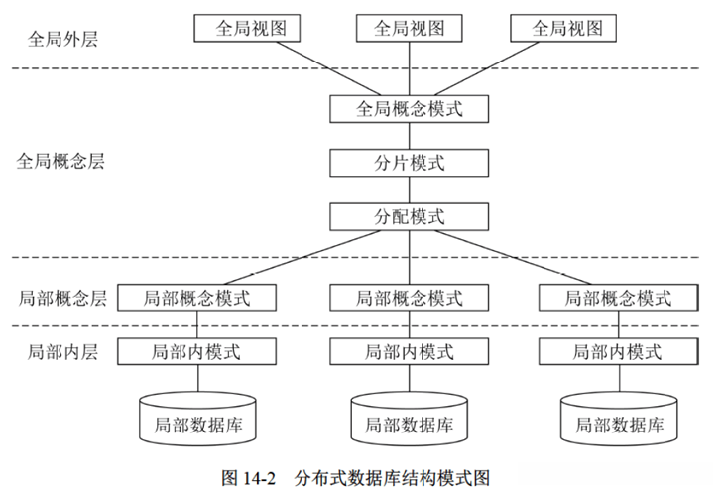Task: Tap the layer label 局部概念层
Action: pos(62,298)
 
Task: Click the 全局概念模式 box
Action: pos(410,108)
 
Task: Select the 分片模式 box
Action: pos(410,163)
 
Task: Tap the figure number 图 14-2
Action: pos(246,477)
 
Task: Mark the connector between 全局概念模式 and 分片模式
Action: pos(410,136)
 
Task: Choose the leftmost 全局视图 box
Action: pos(252,28)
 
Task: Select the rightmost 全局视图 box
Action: pos(568,28)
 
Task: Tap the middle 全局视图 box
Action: pos(410,28)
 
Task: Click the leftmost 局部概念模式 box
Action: pos(197,298)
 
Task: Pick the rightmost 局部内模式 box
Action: pos(618,352)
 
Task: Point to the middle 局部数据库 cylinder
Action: pos(410,419)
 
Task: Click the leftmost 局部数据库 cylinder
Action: pos(197,419)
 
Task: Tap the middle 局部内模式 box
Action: pos(410,352)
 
